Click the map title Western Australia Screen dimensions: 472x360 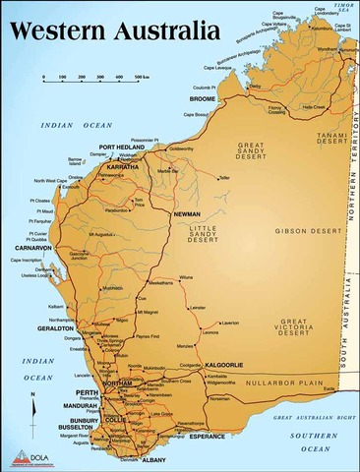(111, 31)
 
